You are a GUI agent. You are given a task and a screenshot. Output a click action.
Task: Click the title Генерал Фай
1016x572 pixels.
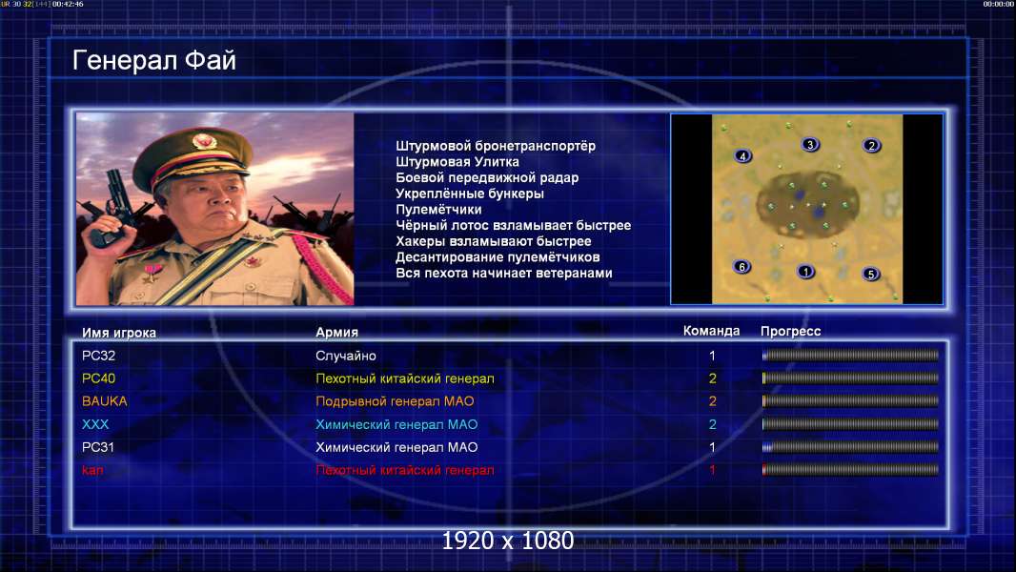click(154, 60)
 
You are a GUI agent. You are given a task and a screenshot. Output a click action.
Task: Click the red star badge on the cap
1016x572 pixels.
click(203, 140)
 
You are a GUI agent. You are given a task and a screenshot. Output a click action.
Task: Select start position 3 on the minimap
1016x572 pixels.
click(810, 145)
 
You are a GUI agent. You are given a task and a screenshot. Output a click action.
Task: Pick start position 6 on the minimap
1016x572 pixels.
click(742, 266)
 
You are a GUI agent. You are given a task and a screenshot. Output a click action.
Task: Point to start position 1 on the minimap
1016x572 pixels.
click(805, 272)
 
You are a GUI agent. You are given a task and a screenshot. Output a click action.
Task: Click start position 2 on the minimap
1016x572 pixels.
click(871, 146)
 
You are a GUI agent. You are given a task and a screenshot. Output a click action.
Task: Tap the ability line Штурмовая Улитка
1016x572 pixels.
click(457, 162)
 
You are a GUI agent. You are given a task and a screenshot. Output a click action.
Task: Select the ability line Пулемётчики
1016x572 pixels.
click(438, 209)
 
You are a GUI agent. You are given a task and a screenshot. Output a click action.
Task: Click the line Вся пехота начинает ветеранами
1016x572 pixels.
click(504, 273)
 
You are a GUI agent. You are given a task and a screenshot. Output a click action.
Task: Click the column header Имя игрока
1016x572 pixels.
click(119, 333)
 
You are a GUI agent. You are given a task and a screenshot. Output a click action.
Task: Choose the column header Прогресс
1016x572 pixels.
click(790, 332)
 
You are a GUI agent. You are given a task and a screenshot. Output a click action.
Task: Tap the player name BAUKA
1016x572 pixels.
click(104, 401)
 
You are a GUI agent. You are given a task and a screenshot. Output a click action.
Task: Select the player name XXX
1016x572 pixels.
click(95, 424)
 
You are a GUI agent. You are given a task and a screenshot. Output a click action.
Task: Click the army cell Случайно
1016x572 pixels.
click(345, 356)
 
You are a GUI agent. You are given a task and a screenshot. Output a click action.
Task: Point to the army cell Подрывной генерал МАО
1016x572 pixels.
click(395, 401)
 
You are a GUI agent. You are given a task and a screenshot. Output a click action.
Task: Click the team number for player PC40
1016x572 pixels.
click(712, 378)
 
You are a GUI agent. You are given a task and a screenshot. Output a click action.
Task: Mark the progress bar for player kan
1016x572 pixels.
click(850, 470)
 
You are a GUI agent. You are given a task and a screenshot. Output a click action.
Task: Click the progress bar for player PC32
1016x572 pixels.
click(850, 355)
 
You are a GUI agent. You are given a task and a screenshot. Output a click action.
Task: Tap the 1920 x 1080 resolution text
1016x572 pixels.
click(508, 541)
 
